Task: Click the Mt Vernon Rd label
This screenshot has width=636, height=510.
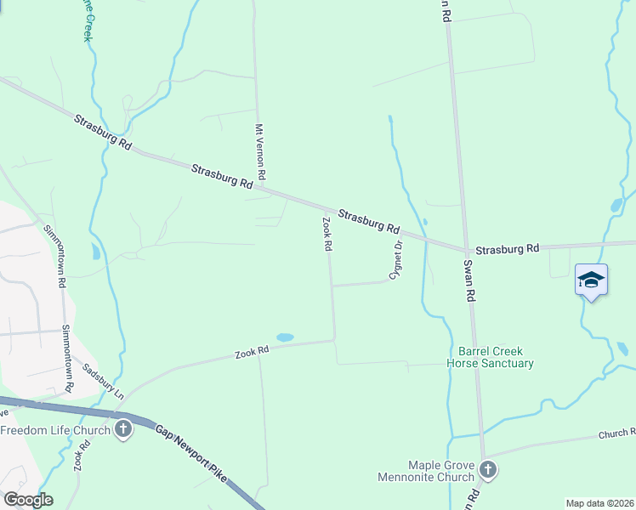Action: pos(261,151)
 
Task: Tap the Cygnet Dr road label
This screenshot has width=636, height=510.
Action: pos(395,259)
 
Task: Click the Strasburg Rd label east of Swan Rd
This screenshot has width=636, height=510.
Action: pos(508,249)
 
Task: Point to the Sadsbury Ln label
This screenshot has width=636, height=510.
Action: pos(103,382)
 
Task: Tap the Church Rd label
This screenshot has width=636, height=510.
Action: pos(616,433)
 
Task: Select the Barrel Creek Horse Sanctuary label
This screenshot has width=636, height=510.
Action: pos(491,357)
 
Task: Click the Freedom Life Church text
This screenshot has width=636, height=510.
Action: pos(55,430)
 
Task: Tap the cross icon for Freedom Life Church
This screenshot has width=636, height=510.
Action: pos(123,429)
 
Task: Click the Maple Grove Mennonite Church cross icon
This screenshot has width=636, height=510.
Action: pos(488,469)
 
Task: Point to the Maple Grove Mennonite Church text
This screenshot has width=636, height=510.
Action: pos(429,470)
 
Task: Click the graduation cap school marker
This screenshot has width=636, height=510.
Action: pos(591,280)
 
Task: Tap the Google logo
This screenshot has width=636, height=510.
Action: pos(27,499)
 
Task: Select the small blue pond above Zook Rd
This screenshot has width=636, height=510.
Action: pos(285,337)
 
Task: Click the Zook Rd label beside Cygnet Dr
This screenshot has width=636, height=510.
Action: pos(327,234)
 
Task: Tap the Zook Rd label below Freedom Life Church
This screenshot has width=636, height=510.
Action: pos(82,456)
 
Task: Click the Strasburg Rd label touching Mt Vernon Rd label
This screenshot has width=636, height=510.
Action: pos(222,176)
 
